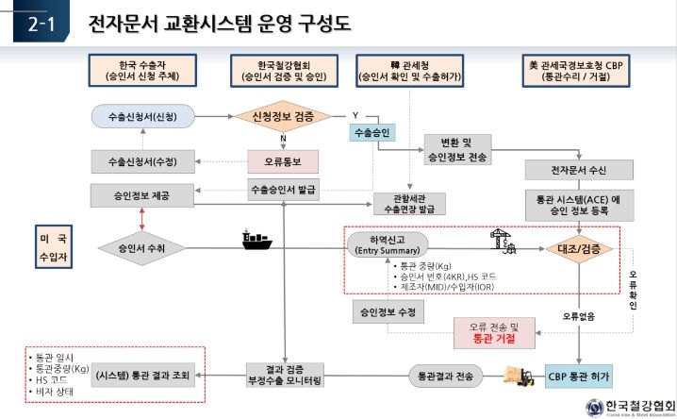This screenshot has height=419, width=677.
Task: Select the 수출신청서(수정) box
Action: pos(147,160)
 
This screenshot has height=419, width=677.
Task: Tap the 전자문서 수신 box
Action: pos(570,171)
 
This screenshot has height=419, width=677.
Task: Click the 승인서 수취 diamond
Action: pos(141,249)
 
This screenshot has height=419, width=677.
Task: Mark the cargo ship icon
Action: pos(255,241)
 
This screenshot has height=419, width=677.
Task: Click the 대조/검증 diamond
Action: pos(578,249)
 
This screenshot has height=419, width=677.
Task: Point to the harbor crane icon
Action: pos(500,242)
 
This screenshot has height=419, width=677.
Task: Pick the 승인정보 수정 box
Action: pos(388,309)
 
